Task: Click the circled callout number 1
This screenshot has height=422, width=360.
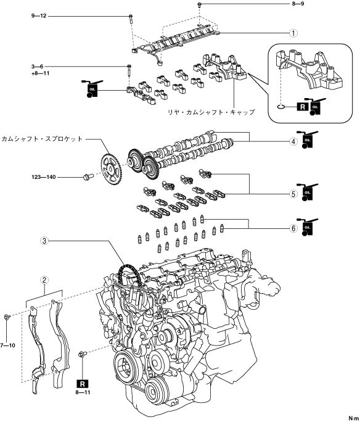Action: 293,33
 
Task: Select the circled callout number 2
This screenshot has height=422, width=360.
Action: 44,280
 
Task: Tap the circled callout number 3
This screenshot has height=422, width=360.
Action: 44,241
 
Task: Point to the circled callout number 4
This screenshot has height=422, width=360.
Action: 293,141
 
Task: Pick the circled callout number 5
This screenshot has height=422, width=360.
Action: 293,194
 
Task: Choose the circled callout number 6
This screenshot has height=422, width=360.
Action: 293,228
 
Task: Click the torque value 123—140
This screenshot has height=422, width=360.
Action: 44,177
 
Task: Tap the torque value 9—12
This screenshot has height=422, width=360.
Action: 39,16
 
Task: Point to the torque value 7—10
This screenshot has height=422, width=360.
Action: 7,345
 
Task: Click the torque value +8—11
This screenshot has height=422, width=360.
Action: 40,73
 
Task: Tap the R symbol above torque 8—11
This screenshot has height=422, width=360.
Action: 83,384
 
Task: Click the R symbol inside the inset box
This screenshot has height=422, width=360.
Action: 303,107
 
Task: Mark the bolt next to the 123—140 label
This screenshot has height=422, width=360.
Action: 88,176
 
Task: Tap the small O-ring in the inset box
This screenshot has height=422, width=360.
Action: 280,107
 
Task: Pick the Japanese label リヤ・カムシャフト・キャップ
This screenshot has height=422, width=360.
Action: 211,112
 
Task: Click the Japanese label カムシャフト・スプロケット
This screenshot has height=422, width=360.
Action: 42,139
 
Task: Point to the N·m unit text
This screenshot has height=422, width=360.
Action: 354,418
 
